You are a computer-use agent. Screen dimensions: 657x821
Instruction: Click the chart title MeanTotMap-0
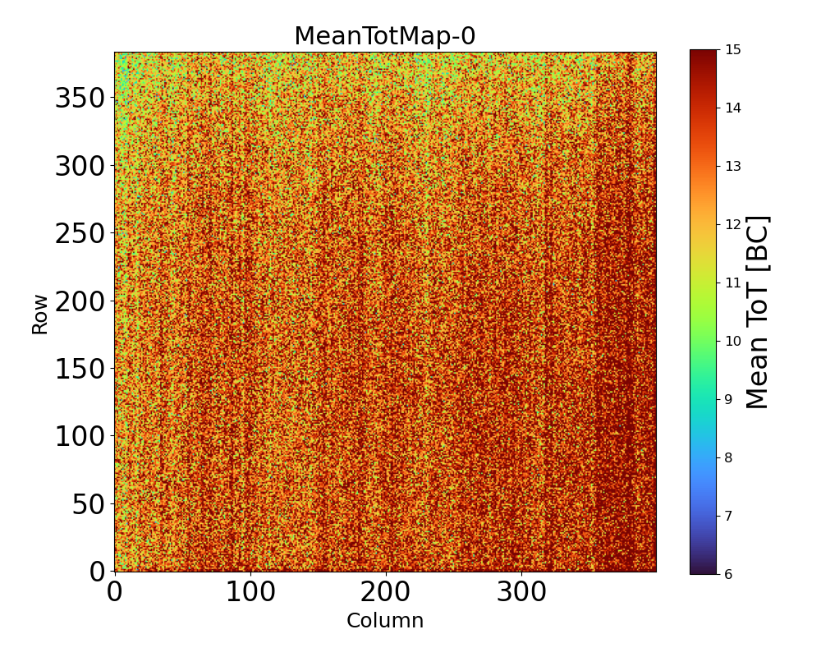point(384,37)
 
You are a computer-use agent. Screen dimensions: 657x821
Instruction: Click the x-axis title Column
point(384,621)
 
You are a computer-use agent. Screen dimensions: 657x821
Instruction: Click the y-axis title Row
point(40,312)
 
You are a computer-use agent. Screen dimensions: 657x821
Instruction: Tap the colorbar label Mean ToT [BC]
point(758,312)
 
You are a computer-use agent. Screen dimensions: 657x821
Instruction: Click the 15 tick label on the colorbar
point(733,50)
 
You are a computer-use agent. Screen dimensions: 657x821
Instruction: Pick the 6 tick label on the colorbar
point(729,574)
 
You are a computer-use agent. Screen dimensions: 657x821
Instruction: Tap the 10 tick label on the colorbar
point(733,341)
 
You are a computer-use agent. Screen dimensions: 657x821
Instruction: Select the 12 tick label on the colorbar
point(733,224)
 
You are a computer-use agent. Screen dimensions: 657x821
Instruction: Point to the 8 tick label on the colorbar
point(729,457)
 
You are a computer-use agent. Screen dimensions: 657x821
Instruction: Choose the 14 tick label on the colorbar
point(733,108)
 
